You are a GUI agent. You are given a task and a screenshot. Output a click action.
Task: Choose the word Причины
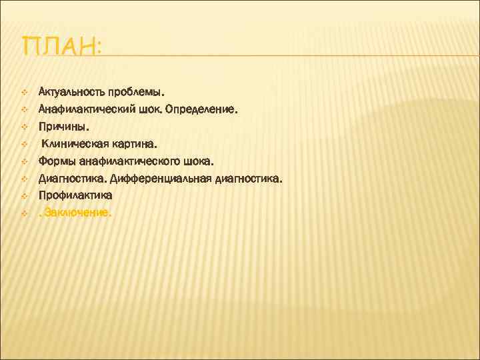pyautogui.click(x=63, y=125)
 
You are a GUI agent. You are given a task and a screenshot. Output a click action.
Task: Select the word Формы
pyautogui.click(x=57, y=161)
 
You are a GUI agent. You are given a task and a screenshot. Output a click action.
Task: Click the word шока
pyautogui.click(x=201, y=161)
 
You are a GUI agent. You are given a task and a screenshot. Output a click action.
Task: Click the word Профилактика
pyautogui.click(x=75, y=196)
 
